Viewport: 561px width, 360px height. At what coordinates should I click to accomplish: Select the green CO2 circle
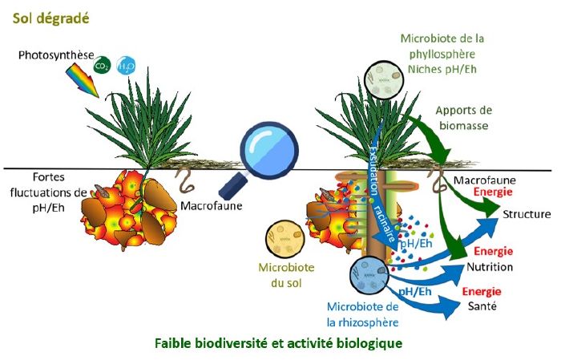(103, 65)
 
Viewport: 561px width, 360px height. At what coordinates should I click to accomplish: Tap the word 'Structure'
(527, 214)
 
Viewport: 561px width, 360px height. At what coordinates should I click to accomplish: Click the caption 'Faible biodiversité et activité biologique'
(277, 343)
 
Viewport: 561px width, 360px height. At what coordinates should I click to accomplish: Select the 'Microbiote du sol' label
(282, 274)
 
